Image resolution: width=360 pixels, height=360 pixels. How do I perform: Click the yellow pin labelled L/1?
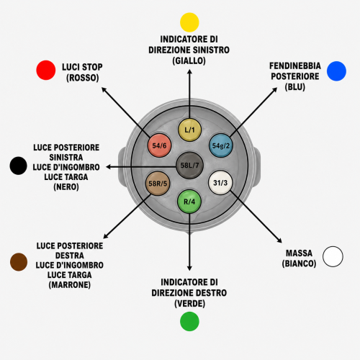(x=189, y=130)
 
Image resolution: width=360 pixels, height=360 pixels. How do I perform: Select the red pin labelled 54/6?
(x=159, y=145)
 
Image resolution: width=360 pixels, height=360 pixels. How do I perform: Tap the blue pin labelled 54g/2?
(x=221, y=145)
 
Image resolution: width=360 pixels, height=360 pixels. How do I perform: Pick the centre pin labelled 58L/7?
(x=189, y=166)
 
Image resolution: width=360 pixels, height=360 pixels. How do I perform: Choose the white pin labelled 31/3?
(x=220, y=183)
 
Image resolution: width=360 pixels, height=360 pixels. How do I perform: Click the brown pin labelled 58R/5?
(x=158, y=184)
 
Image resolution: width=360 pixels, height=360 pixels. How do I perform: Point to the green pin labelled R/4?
(x=189, y=202)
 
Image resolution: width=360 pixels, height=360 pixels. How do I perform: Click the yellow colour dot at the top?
(x=189, y=22)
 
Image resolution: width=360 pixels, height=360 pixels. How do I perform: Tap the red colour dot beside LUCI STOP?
(x=46, y=70)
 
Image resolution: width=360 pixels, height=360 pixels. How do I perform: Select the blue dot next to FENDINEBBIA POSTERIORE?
(x=336, y=71)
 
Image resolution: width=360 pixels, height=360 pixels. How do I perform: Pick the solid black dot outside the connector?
(x=18, y=166)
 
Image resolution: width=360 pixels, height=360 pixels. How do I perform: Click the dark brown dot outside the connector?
(x=19, y=262)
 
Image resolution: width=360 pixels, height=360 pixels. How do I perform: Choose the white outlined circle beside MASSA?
(x=333, y=256)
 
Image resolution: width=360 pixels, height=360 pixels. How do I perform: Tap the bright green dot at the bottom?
(x=189, y=322)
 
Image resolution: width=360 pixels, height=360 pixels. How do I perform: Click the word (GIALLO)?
(x=189, y=60)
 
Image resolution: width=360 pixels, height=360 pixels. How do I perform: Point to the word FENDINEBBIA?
(x=295, y=66)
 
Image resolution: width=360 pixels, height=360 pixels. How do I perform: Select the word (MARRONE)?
(x=70, y=285)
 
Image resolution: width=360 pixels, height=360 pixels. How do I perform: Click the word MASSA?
(x=299, y=253)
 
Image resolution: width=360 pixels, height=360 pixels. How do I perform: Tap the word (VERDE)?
(x=189, y=304)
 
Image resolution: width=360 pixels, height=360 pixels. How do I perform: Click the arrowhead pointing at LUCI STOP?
(x=104, y=89)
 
